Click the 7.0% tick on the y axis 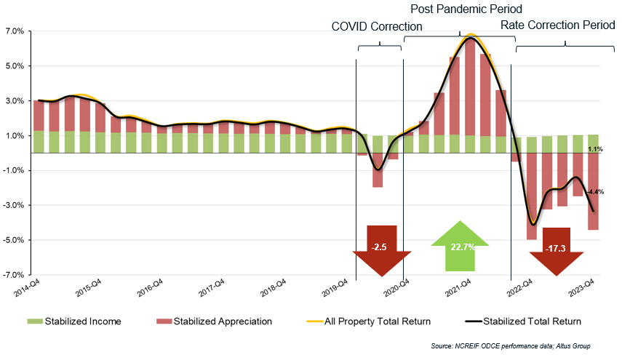coord(15,31)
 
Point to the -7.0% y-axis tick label coord(14,275)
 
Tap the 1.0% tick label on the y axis coord(15,136)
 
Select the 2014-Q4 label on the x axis coord(28,289)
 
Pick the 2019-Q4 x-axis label coord(336,289)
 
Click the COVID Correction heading coord(377,26)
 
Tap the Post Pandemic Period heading coord(466,9)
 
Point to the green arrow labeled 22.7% coord(462,247)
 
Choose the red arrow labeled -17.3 coord(557,250)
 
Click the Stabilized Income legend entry coord(73,321)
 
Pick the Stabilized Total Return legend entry coord(524,321)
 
